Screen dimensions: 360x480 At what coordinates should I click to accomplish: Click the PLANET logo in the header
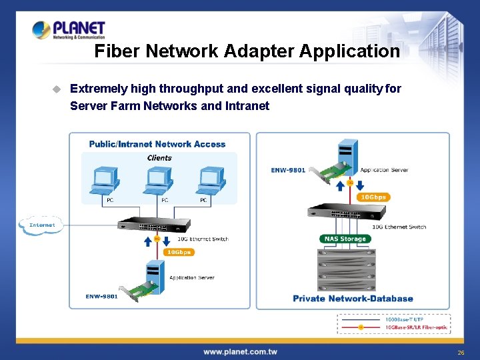click(x=69, y=31)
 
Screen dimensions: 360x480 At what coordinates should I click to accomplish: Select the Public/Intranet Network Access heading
click(x=157, y=144)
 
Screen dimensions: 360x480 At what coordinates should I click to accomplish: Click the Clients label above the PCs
click(x=159, y=158)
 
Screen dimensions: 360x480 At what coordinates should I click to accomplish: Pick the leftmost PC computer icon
click(x=105, y=181)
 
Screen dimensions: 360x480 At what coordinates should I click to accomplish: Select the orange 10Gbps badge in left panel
click(x=179, y=252)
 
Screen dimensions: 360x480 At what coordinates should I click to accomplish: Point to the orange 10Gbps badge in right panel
click(x=373, y=197)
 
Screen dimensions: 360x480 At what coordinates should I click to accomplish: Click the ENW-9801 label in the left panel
click(x=101, y=297)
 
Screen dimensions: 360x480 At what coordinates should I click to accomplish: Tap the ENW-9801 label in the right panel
click(x=288, y=170)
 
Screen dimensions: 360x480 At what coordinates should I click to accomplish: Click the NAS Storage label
click(x=344, y=239)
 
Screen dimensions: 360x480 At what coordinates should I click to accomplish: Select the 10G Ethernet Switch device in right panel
click(x=347, y=212)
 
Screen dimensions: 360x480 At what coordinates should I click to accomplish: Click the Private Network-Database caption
click(x=353, y=299)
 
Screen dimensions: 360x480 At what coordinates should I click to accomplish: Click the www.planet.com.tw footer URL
click(x=240, y=351)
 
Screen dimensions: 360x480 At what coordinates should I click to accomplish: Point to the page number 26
click(x=460, y=352)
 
